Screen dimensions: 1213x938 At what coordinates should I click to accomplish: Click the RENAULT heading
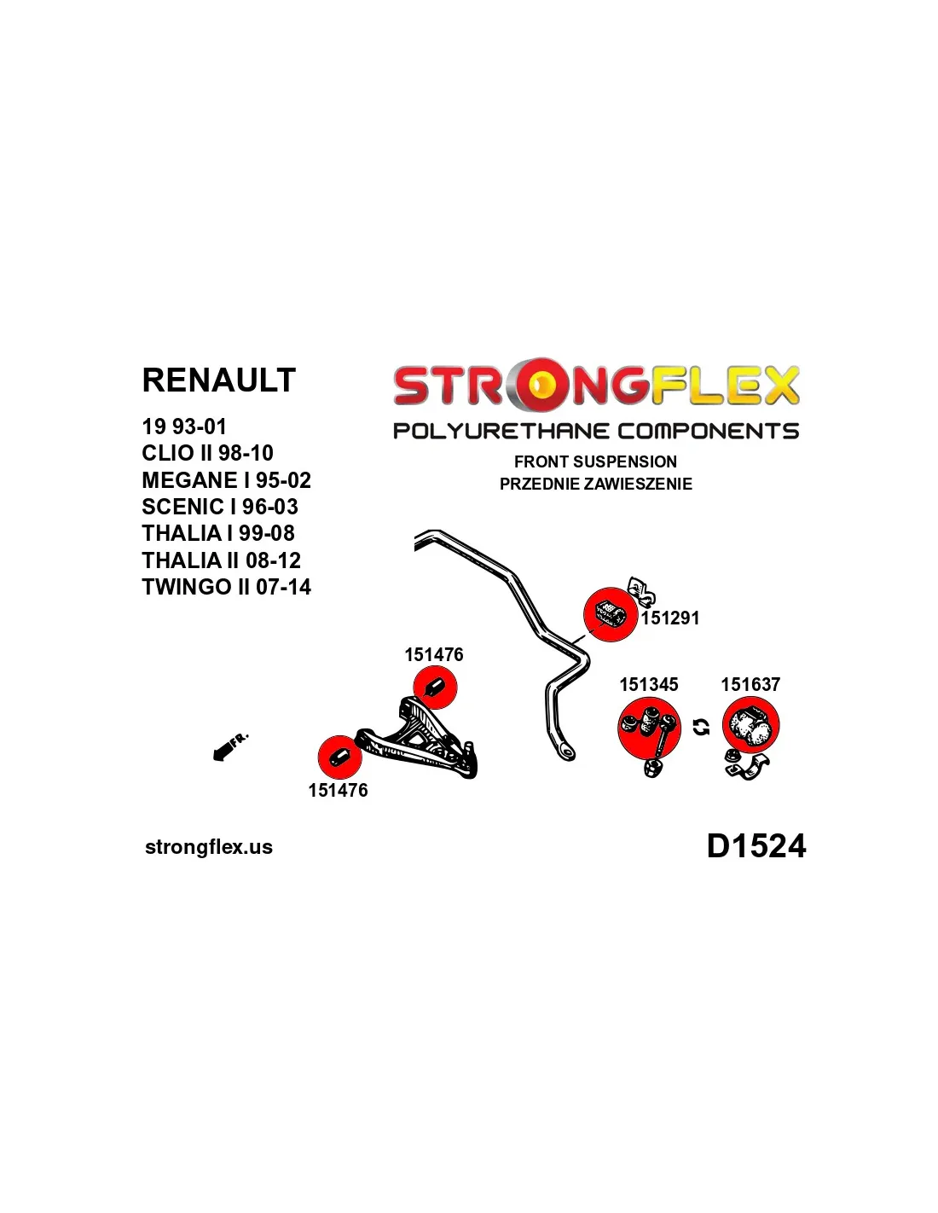tap(218, 380)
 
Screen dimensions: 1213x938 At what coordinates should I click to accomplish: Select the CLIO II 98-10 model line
tap(207, 453)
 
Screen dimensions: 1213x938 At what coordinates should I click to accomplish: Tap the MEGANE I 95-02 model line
tap(226, 480)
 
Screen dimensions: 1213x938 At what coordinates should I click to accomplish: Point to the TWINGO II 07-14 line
tap(226, 587)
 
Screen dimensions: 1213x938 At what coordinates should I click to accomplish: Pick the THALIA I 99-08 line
tap(217, 533)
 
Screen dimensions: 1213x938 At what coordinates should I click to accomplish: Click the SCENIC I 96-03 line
tap(219, 507)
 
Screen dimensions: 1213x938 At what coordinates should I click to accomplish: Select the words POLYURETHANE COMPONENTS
tap(595, 431)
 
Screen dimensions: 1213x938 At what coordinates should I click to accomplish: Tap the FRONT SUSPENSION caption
tap(595, 461)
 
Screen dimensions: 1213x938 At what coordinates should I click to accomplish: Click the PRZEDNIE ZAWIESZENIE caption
tap(595, 484)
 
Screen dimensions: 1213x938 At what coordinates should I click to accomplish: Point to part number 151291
tap(670, 618)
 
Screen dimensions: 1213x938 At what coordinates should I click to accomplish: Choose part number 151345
tap(648, 684)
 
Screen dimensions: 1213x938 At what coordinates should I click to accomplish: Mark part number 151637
tap(750, 684)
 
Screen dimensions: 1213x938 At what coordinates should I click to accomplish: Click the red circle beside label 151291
tap(610, 614)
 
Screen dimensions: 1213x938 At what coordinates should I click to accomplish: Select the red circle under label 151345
tap(649, 728)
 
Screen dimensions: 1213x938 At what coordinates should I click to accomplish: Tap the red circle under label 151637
tap(750, 725)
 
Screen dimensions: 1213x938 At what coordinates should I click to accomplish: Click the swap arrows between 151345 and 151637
tap(701, 727)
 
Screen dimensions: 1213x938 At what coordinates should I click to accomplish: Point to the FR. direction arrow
tap(229, 746)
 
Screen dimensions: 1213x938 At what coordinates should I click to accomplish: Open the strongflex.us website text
tap(209, 847)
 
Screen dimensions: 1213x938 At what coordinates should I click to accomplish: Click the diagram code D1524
tap(756, 846)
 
